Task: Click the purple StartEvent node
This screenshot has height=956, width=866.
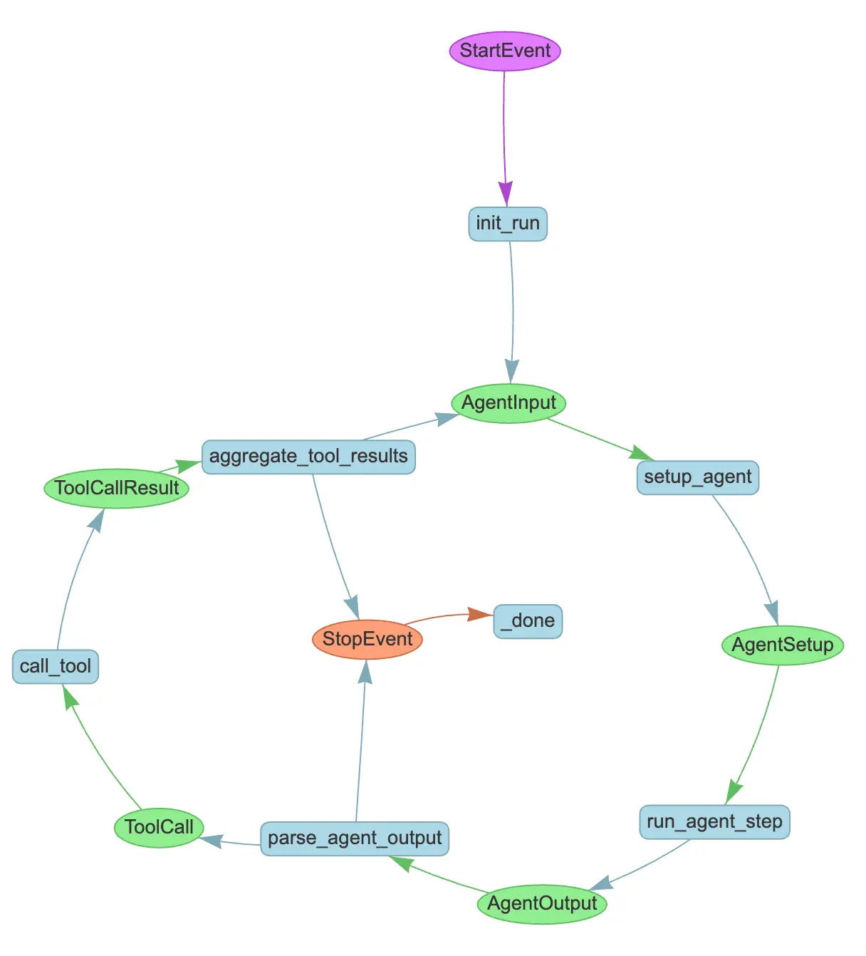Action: coord(505,51)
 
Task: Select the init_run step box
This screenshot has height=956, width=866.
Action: coord(508,224)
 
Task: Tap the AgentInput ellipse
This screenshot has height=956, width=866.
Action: coord(508,403)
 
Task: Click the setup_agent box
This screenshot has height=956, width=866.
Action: coord(698,477)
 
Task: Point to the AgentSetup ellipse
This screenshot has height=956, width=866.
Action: coord(783,645)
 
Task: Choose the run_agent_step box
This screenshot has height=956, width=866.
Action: coord(714,822)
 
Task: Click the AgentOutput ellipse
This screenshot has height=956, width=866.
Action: coord(542,904)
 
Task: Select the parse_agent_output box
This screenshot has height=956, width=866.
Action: coord(355,838)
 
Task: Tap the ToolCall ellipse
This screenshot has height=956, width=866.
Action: coord(159,827)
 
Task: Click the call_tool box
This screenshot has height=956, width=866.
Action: coord(56,667)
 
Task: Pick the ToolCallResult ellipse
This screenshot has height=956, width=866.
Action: coord(117,488)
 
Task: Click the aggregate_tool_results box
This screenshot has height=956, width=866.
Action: coord(308,457)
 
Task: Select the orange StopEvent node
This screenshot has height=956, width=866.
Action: coord(367,639)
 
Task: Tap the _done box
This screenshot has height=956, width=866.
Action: coord(528,621)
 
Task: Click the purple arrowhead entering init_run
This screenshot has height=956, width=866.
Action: coord(506,193)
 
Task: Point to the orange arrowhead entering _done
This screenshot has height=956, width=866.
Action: coord(479,614)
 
